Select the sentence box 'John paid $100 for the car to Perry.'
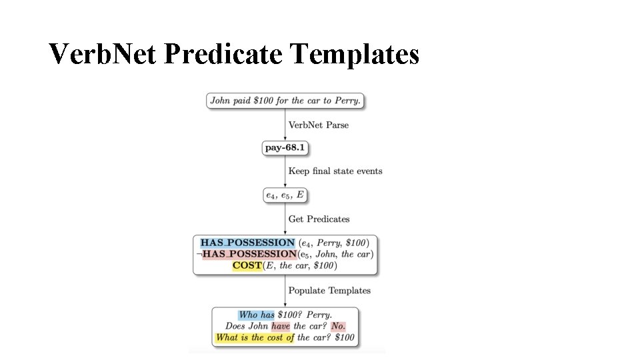click(285, 101)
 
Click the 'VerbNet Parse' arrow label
click(318, 125)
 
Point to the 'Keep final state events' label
click(335, 171)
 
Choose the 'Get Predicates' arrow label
click(319, 219)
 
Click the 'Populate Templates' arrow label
click(329, 291)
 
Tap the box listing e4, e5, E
click(285, 195)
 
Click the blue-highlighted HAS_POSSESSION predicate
click(247, 243)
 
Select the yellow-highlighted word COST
click(247, 265)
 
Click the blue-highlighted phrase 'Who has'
click(257, 315)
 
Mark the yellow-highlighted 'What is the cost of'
click(255, 337)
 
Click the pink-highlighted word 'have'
click(280, 326)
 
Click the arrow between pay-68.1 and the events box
click(285, 172)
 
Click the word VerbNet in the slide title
click(102, 55)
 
